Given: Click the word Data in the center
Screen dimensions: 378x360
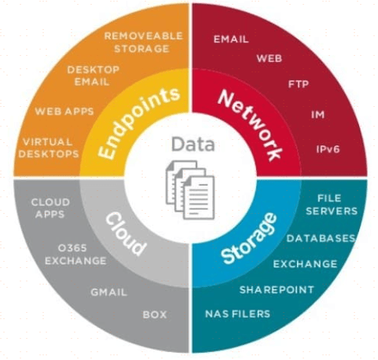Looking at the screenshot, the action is click(x=193, y=144).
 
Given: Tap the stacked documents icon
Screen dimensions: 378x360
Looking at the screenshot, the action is click(x=190, y=189).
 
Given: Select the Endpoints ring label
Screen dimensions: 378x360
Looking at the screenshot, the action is click(x=139, y=123).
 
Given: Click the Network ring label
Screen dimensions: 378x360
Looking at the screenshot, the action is click(x=250, y=125).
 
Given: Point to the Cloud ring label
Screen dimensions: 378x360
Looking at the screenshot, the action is click(x=126, y=234).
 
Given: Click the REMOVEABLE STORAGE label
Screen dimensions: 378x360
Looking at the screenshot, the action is click(x=143, y=42).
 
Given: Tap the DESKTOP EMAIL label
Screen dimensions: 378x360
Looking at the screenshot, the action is click(x=93, y=75).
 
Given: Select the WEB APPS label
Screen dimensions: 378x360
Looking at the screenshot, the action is click(x=64, y=112).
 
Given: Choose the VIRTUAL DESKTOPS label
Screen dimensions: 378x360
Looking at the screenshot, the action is click(x=49, y=148).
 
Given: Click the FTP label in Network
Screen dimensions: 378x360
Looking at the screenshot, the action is click(x=299, y=84).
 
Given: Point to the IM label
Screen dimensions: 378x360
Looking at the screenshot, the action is click(x=318, y=115).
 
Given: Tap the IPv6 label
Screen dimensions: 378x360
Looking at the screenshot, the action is click(x=328, y=149).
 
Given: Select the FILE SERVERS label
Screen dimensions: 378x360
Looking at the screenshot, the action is click(x=332, y=204).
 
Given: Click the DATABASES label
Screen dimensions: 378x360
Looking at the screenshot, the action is click(x=321, y=238).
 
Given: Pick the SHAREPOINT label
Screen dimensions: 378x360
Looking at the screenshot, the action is click(x=277, y=290).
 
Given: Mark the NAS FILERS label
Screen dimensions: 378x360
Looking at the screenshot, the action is click(x=237, y=314).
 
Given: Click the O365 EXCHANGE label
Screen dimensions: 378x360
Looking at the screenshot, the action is click(x=75, y=255).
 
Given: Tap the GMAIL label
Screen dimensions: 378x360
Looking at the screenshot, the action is click(x=108, y=292).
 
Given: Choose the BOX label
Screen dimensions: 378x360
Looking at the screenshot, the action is click(x=155, y=314).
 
